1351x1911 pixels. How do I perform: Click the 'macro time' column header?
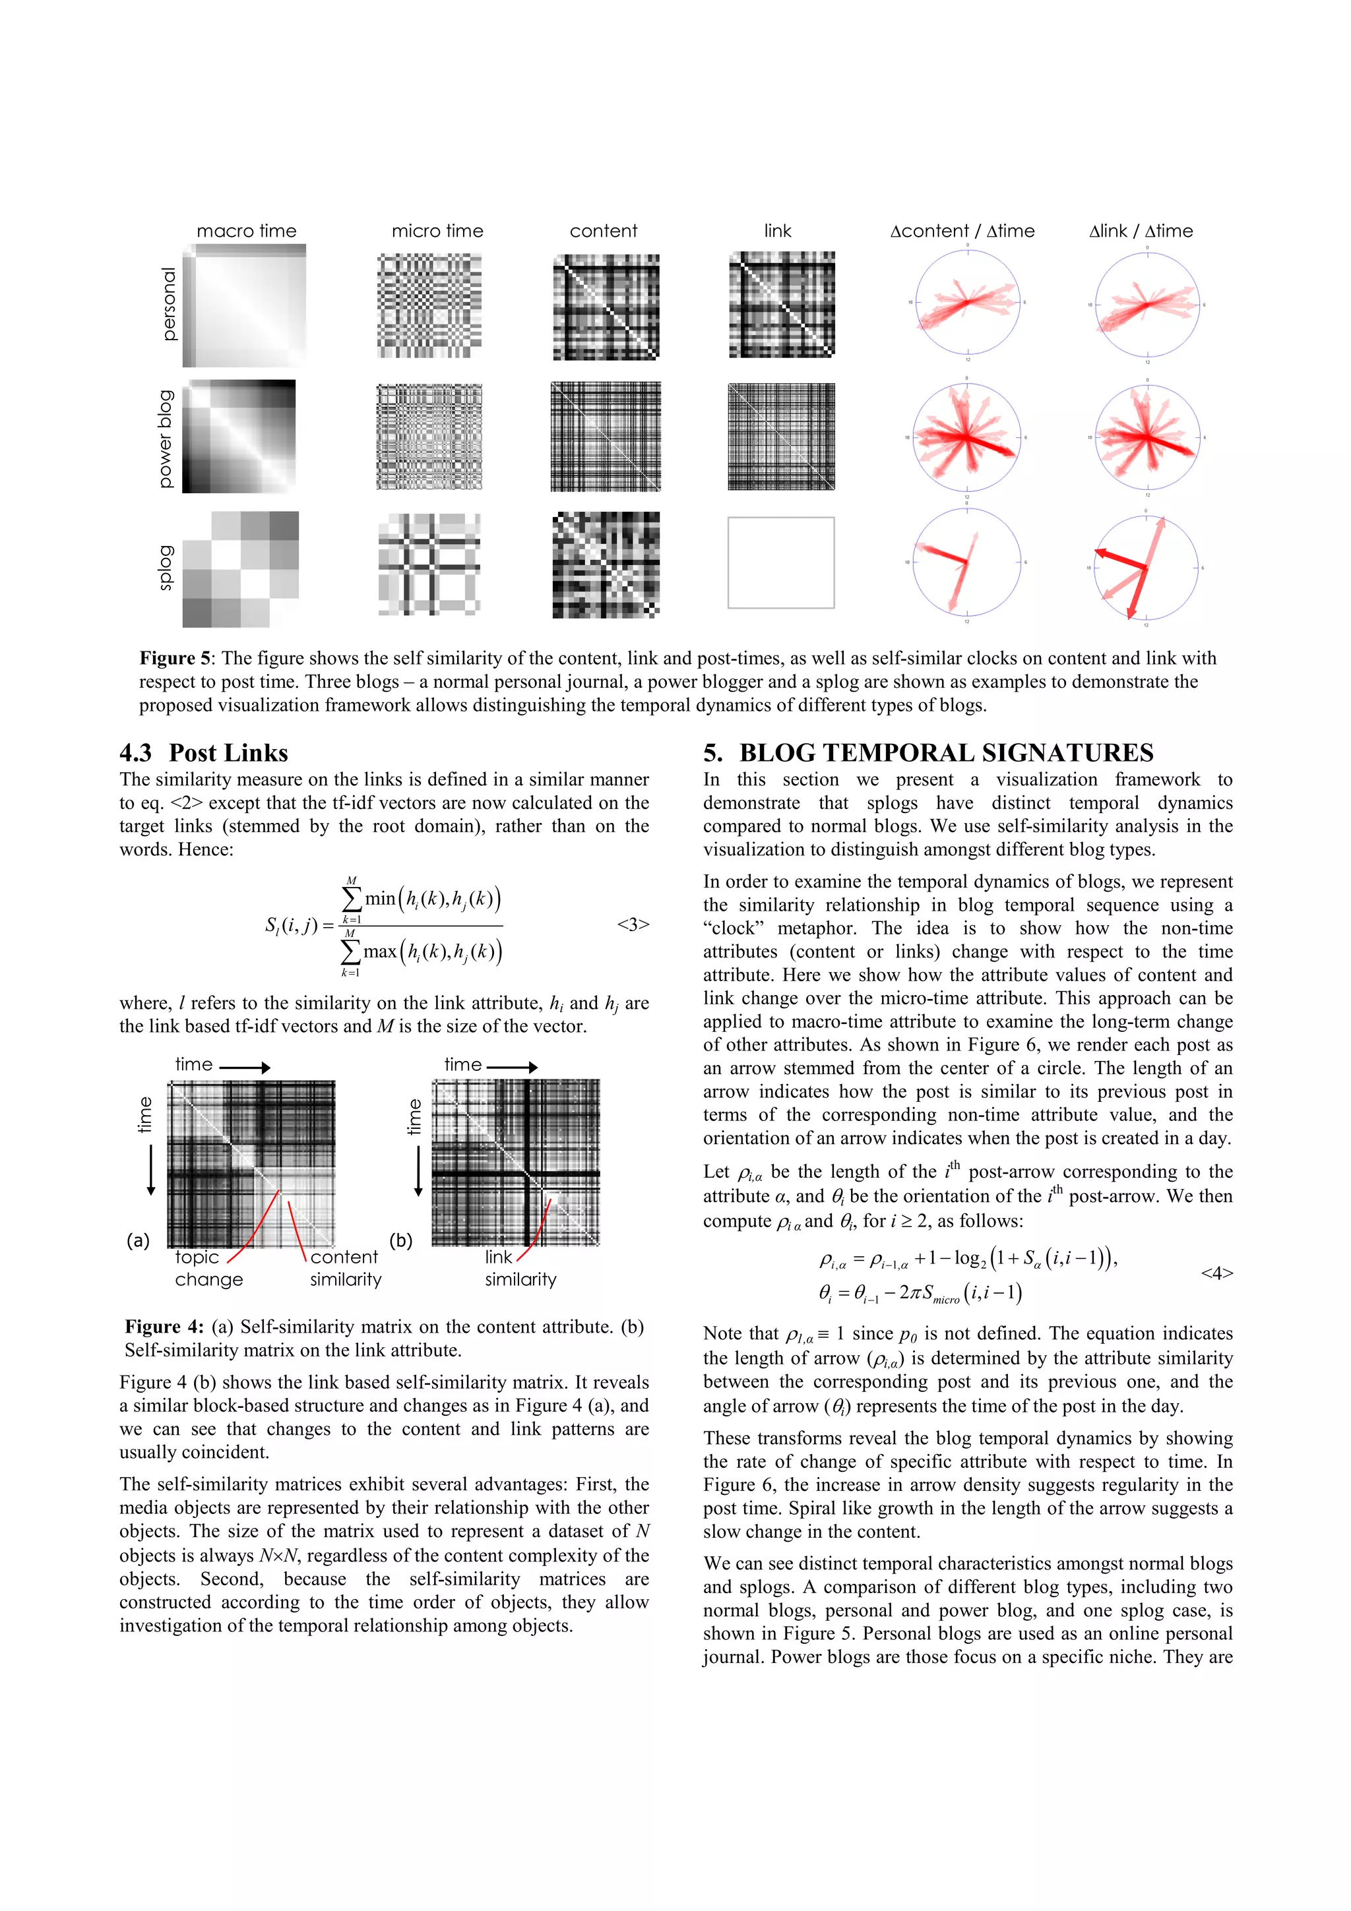(247, 231)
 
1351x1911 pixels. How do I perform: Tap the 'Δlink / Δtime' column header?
(1141, 231)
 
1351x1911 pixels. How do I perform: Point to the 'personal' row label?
(169, 304)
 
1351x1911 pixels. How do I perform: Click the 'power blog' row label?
(166, 439)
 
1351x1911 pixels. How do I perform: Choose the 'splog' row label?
(166, 568)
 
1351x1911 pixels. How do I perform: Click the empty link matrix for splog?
(781, 562)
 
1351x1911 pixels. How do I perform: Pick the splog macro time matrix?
(241, 569)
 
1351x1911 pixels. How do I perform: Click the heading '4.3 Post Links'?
(204, 753)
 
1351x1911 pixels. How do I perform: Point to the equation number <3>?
(633, 925)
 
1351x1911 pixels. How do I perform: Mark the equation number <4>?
(1216, 1273)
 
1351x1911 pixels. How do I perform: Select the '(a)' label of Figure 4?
(138, 1240)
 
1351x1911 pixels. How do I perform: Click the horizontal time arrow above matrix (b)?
(512, 1067)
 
